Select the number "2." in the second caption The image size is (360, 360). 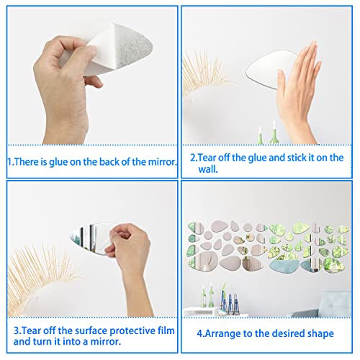point(194,158)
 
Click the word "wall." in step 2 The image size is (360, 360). point(208,169)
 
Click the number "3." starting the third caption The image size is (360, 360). point(17,330)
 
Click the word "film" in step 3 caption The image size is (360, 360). point(166,330)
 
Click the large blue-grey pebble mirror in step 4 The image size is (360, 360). point(284,266)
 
